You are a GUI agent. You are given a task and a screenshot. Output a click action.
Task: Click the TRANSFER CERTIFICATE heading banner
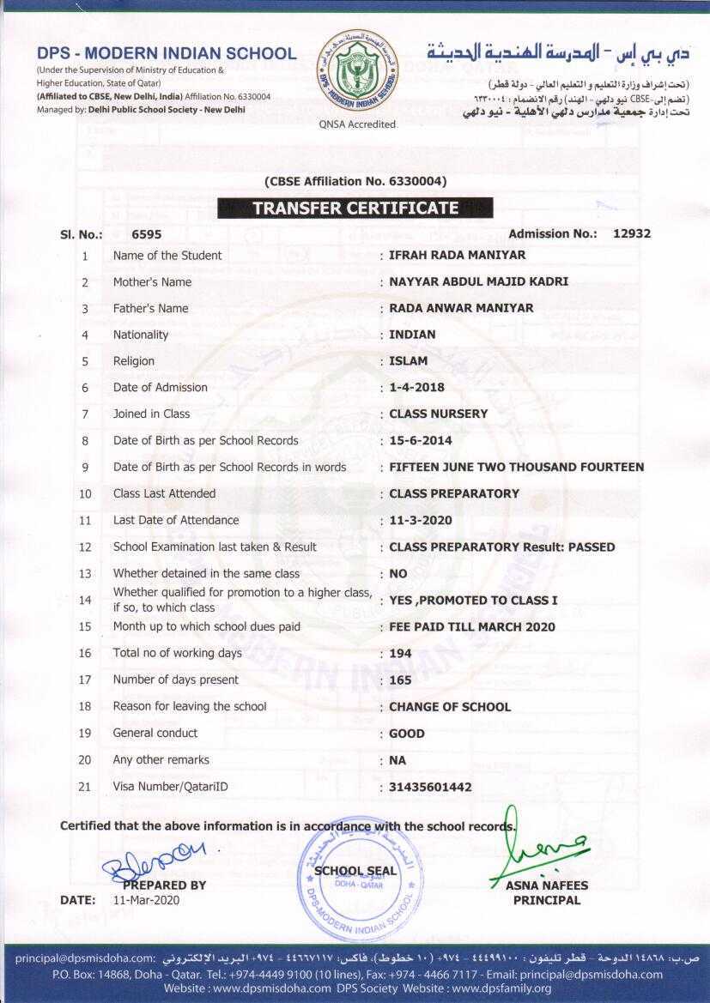click(x=355, y=208)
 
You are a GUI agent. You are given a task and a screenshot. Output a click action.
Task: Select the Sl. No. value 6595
click(x=146, y=234)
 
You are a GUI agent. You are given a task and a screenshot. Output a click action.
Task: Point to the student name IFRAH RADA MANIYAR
click(x=457, y=255)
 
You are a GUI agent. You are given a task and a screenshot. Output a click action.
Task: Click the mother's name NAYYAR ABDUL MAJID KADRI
click(x=478, y=281)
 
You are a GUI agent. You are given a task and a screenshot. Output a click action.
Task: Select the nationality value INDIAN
click(x=412, y=335)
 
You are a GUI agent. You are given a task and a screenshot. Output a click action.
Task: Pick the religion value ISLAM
click(x=408, y=361)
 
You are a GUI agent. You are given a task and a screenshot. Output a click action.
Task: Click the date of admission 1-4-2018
click(x=416, y=388)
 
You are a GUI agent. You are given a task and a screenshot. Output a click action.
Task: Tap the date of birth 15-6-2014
click(x=420, y=440)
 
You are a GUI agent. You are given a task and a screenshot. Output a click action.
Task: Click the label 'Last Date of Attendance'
click(x=176, y=520)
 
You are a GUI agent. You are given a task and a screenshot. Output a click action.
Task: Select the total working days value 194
click(x=400, y=654)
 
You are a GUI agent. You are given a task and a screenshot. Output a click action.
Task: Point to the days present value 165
click(x=400, y=680)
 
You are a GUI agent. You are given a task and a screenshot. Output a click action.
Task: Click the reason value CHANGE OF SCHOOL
click(x=450, y=707)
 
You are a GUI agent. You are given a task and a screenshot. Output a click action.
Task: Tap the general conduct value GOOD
click(x=407, y=734)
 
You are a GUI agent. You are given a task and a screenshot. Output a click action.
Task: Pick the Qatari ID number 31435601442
click(x=430, y=787)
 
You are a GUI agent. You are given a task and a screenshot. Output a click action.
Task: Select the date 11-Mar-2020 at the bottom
click(x=147, y=901)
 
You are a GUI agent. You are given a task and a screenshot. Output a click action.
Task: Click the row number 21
click(x=85, y=786)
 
